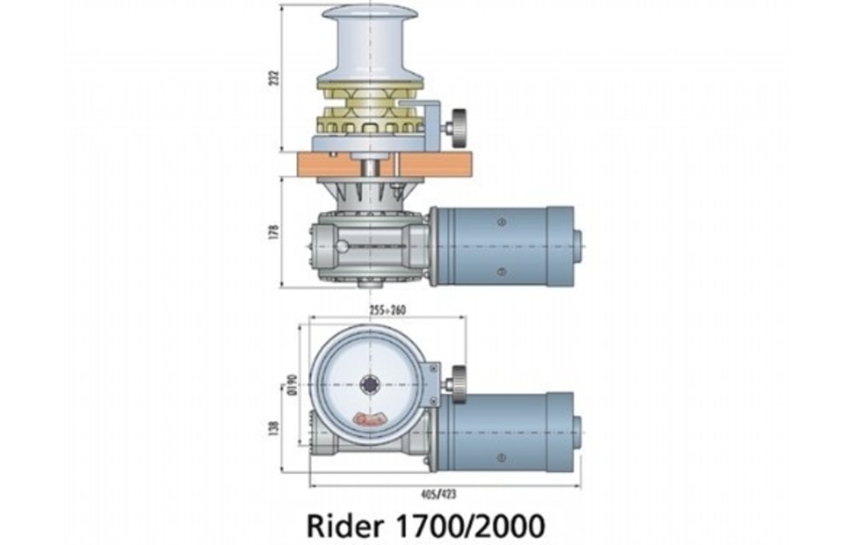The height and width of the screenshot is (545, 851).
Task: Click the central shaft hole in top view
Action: [x=370, y=384]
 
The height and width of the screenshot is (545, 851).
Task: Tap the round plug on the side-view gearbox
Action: [x=342, y=247]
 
